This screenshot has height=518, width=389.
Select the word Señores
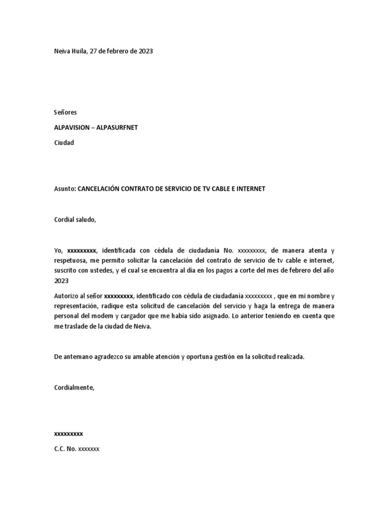click(65, 112)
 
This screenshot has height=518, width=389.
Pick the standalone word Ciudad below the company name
click(64, 143)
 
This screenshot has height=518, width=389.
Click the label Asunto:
click(65, 189)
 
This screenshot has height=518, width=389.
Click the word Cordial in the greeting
click(64, 220)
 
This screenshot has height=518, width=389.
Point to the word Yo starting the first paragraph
click(58, 250)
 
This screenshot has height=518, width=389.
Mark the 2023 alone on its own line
click(61, 281)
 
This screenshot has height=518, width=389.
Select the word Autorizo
click(66, 295)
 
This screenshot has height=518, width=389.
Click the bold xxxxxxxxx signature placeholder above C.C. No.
click(68, 434)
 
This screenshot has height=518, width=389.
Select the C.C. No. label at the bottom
click(65, 449)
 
